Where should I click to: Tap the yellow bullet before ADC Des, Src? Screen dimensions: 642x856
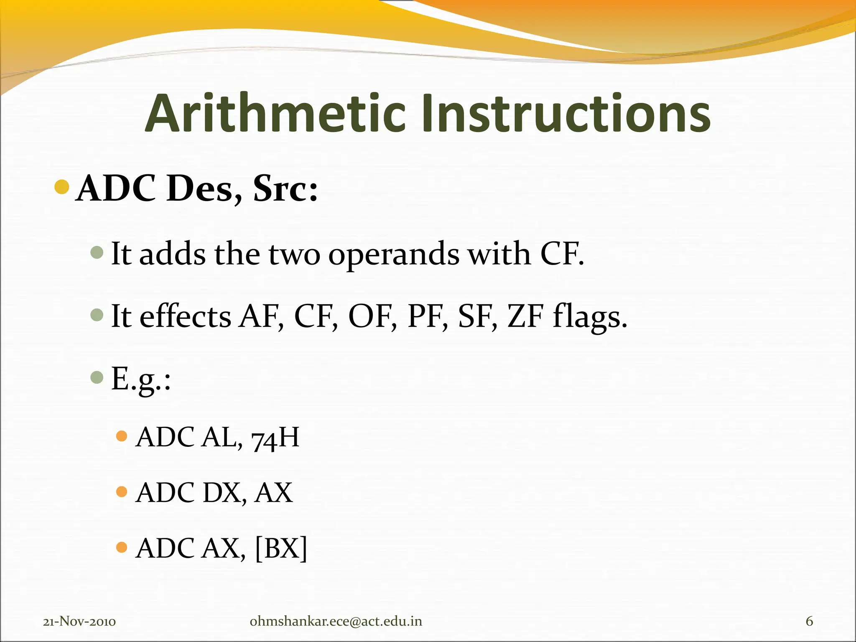62,187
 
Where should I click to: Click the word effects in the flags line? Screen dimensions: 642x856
185,316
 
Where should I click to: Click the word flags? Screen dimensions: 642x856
589,318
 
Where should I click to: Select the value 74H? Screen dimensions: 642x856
275,438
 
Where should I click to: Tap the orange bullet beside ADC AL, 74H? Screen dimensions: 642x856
122,436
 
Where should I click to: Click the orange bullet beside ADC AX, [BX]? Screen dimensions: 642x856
122,547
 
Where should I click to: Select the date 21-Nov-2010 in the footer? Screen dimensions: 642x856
79,622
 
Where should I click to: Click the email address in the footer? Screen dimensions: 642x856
336,622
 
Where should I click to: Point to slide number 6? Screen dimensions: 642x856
809,622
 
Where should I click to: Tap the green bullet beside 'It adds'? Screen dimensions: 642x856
97,252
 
